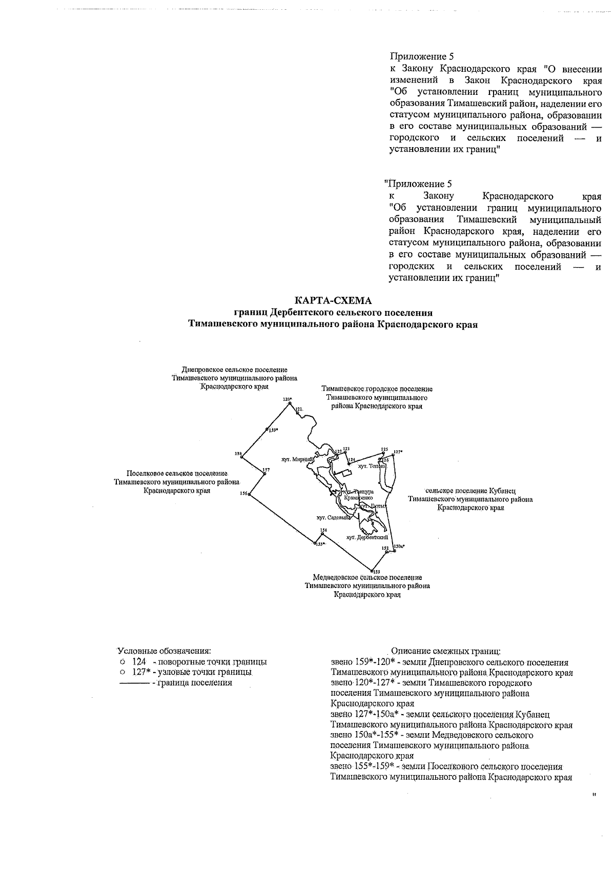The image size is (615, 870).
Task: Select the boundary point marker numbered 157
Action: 264,473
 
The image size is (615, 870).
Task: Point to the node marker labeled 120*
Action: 290,403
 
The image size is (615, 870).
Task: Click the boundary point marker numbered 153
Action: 371,569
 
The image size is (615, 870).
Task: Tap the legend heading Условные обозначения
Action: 165,651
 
